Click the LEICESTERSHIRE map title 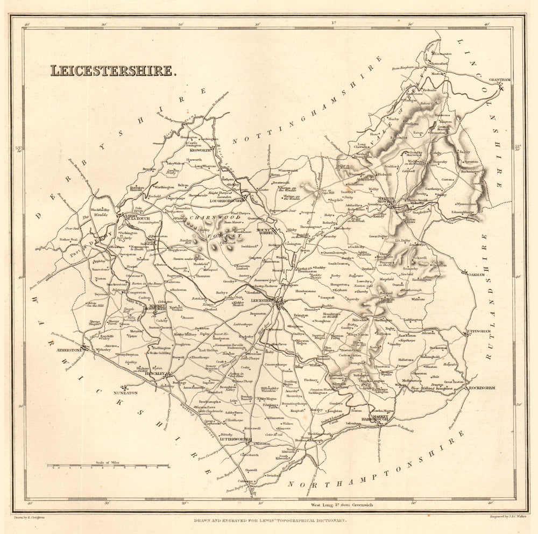pos(112,71)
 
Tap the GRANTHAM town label pos(499,80)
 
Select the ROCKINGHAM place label pos(484,388)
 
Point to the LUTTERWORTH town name pos(235,439)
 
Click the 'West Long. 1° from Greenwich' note pos(342,505)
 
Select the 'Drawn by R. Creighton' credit pos(29,516)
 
